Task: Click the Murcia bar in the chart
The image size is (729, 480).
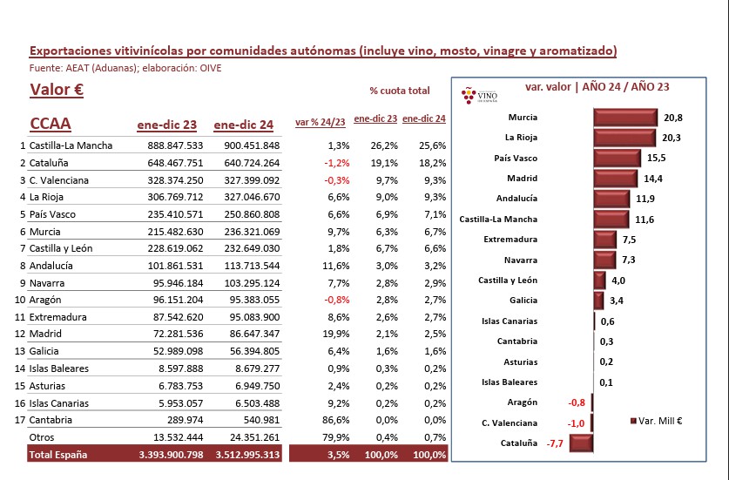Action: (x=625, y=118)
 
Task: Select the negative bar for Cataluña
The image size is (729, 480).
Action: (x=581, y=443)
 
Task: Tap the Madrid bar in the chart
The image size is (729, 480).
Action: (x=616, y=179)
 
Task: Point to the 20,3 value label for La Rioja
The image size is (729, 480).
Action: (x=671, y=138)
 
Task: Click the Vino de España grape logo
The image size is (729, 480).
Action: (x=478, y=95)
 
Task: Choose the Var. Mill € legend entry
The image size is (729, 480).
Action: (x=656, y=421)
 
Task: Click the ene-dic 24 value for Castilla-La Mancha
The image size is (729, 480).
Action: (x=252, y=145)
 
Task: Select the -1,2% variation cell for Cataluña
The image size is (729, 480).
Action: (x=337, y=163)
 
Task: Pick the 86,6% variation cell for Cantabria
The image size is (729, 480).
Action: (x=335, y=420)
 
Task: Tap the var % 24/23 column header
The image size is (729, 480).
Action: (x=321, y=122)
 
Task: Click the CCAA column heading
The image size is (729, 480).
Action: (x=51, y=124)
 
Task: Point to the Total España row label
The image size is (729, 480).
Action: (x=58, y=455)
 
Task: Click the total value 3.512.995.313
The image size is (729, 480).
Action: (x=248, y=455)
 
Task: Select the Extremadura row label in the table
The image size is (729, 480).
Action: (x=57, y=317)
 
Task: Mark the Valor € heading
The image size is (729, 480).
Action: (x=57, y=90)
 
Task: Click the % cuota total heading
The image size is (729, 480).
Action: (x=400, y=91)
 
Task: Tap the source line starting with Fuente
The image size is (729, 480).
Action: (x=125, y=68)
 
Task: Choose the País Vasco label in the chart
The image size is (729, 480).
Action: (x=516, y=159)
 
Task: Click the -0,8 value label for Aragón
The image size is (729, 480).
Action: (x=577, y=402)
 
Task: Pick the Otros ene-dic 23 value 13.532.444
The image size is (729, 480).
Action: (x=178, y=437)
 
